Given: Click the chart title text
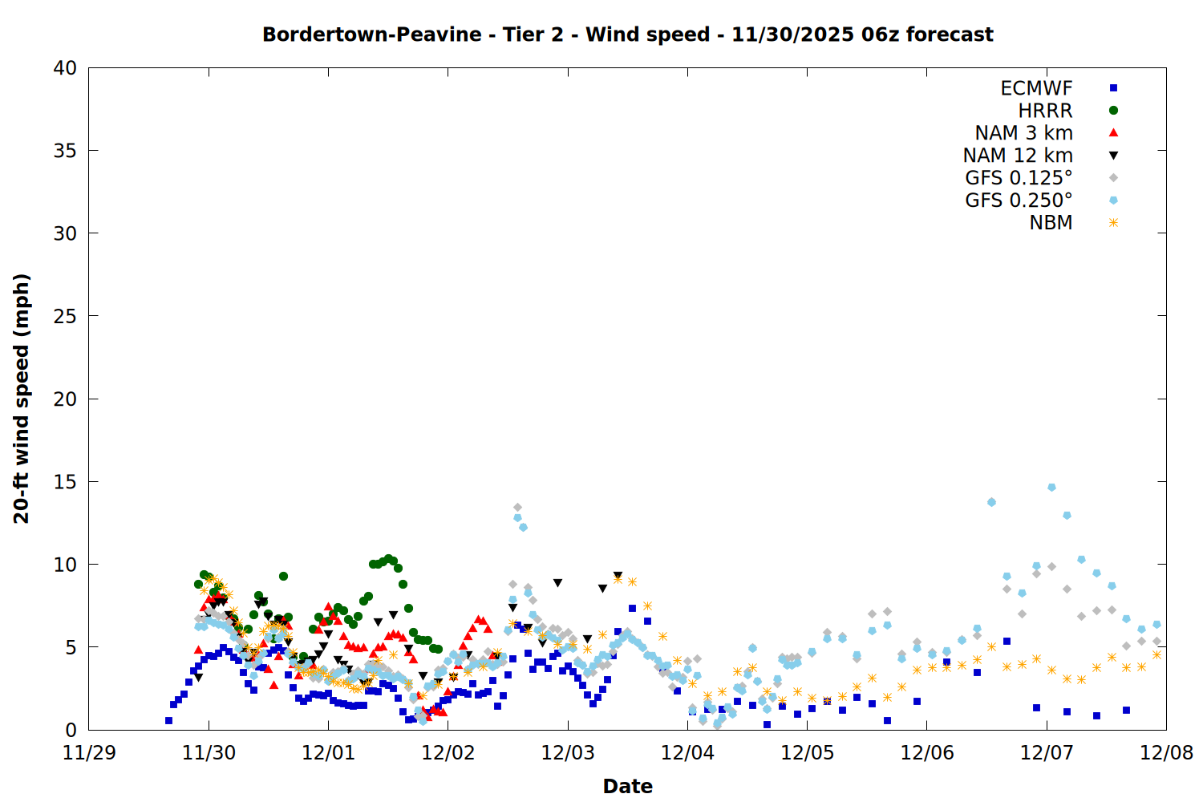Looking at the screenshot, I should coord(627,34).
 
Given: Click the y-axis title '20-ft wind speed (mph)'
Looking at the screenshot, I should coord(22,399).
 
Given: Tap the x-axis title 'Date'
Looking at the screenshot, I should coord(627,786).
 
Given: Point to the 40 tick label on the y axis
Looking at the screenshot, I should coord(65,68).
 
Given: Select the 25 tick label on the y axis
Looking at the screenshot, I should coord(65,316).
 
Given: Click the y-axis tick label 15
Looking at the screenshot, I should coord(65,481).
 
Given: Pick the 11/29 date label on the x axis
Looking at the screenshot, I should coord(89,753).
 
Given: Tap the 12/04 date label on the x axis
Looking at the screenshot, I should coord(687,753).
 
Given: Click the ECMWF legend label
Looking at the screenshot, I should coord(1036,88).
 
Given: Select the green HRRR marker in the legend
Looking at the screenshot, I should coord(1113,111).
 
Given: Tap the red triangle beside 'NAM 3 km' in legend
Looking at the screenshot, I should coord(1113,133).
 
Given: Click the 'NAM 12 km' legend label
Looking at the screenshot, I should coord(1018,156).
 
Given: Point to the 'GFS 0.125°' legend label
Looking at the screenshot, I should coord(1019,178).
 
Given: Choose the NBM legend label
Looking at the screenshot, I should coord(1051,223).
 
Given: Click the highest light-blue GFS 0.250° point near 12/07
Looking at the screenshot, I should coord(1051,488).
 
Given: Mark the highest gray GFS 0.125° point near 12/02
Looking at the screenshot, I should coord(517,508).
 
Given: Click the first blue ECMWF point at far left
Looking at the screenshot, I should coord(168,720).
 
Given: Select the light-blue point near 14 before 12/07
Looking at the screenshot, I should coord(991,502).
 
